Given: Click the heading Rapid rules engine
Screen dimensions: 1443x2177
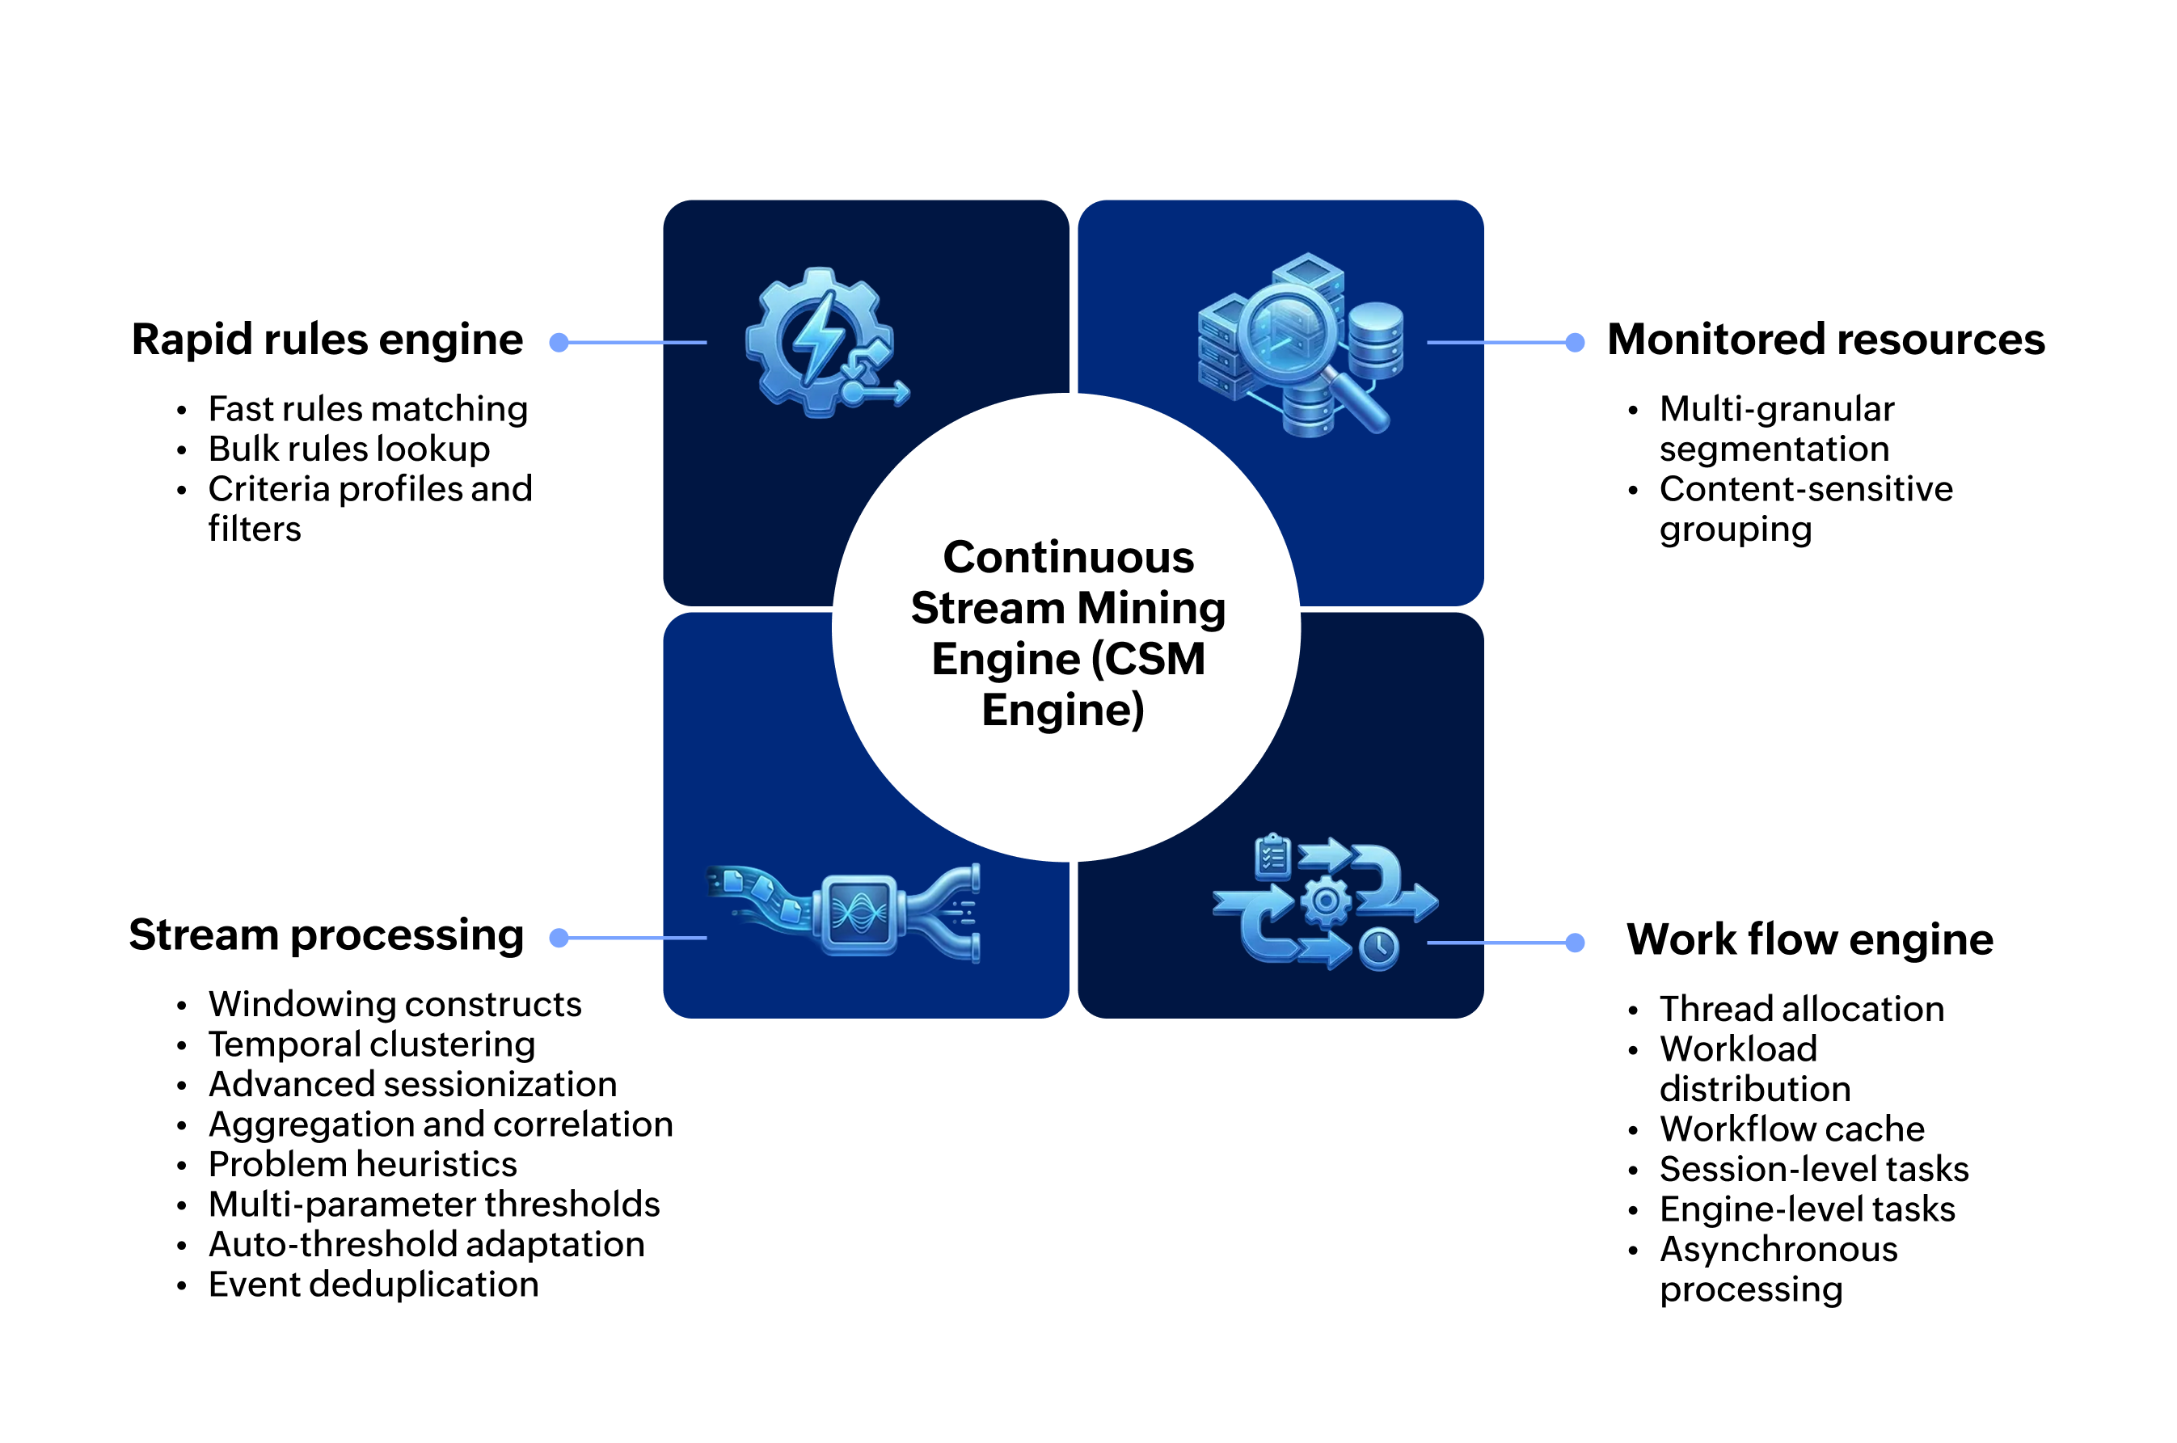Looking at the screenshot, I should coord(327,340).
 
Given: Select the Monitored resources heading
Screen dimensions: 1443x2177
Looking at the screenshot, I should coord(1825,340).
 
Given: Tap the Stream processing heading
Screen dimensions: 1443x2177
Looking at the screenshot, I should coord(326,935).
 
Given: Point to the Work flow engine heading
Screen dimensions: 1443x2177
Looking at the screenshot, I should coord(1809,939).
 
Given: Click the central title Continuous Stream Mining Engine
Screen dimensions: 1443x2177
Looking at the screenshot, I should coord(1066,632).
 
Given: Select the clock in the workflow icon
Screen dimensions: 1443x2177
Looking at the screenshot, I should coord(1378,949).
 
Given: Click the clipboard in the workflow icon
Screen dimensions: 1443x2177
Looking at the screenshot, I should coord(1272,856).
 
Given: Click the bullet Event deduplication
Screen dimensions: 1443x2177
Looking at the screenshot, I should coord(373,1285).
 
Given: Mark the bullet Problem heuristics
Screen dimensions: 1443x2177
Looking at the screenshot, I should coord(362,1165).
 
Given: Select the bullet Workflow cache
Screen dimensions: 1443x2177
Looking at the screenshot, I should coord(1791,1129).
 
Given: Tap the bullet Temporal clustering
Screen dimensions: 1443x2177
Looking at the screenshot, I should coord(372,1044).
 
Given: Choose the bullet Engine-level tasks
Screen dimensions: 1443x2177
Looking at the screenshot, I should coord(1807,1209).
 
